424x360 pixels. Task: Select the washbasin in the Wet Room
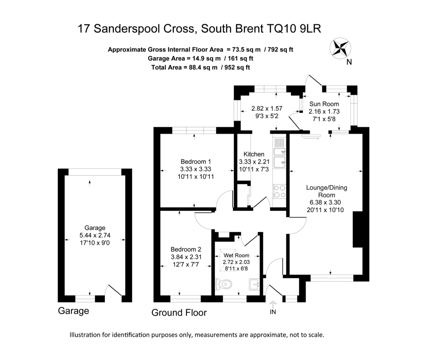[x=255, y=284]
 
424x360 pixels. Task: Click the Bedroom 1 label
[x=196, y=161]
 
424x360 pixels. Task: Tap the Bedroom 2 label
[x=186, y=250]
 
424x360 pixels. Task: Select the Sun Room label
[x=324, y=104]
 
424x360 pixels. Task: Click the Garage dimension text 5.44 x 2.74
[x=95, y=235]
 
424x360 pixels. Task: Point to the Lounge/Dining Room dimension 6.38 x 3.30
[x=325, y=202]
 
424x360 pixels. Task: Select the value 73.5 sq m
[x=247, y=49]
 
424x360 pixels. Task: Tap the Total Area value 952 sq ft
[x=237, y=67]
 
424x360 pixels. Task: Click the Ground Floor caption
[x=179, y=313]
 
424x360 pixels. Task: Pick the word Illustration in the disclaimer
[x=85, y=335]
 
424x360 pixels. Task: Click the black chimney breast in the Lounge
[x=357, y=230]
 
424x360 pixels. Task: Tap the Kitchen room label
[x=254, y=154]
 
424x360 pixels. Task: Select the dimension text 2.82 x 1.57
[x=267, y=108]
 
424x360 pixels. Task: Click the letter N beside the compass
[x=349, y=62]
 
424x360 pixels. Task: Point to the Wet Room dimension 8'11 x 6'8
[x=236, y=268]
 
